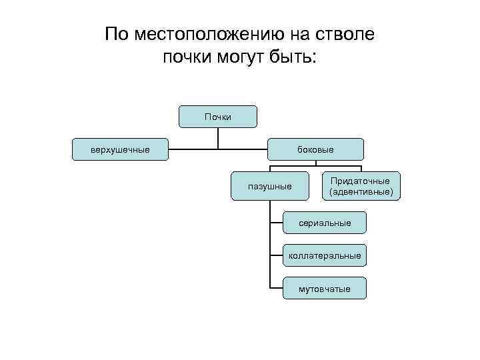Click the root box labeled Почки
pyautogui.click(x=218, y=117)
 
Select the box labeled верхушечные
pyautogui.click(x=120, y=149)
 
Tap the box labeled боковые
pyautogui.click(x=315, y=149)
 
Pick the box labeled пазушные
pyautogui.click(x=269, y=186)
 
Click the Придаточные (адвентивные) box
pyautogui.click(x=361, y=186)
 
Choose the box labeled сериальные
pyautogui.click(x=325, y=223)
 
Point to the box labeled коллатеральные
pyautogui.click(x=325, y=255)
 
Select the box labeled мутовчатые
pyautogui.click(x=325, y=288)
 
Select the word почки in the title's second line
pyautogui.click(x=185, y=58)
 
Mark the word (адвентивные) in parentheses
pyautogui.click(x=361, y=192)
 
